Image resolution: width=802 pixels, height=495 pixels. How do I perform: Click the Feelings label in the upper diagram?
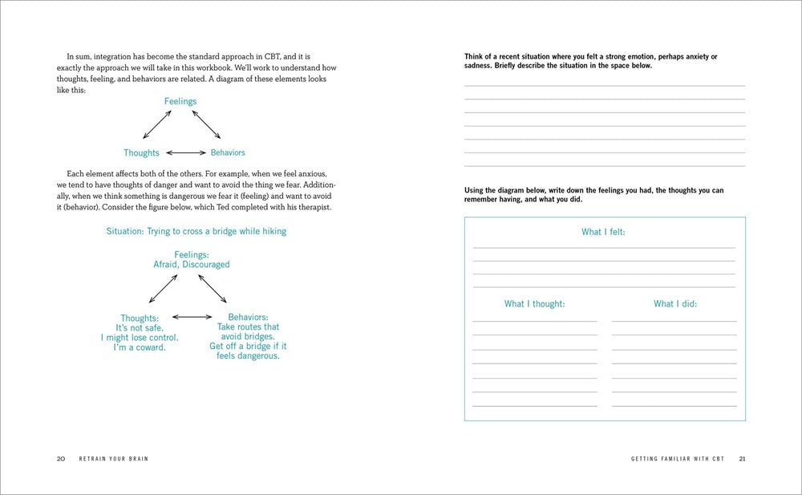pos(180,101)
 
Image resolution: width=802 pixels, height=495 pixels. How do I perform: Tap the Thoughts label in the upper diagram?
pos(141,152)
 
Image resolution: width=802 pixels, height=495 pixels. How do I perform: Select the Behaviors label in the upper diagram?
pos(228,152)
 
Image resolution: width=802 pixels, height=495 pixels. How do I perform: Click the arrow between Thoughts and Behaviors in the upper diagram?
pos(184,152)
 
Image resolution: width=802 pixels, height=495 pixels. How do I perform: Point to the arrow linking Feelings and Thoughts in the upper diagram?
pos(156,125)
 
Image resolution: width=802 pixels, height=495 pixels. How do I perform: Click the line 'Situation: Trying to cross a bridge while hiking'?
pos(196,231)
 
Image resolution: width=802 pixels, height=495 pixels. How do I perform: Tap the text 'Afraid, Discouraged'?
pos(191,264)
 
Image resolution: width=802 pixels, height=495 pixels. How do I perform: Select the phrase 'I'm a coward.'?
pos(140,347)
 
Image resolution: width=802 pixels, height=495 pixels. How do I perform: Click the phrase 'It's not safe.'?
pos(140,328)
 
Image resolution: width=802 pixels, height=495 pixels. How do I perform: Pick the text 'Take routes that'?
pos(248,327)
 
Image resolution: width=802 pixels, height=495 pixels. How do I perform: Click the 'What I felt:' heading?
pos(603,232)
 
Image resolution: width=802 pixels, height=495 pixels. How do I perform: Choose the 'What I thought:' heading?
pos(534,304)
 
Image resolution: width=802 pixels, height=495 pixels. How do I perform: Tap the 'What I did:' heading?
pos(674,304)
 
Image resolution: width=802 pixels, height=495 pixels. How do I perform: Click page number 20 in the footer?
pos(61,459)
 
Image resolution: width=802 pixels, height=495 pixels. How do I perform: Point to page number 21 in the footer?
pos(742,459)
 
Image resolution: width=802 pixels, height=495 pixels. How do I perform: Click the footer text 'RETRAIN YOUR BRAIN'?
pos(112,459)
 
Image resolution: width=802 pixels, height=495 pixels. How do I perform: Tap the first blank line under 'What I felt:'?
pos(603,247)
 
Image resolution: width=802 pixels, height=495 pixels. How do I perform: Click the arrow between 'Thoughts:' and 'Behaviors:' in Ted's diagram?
pos(192,318)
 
